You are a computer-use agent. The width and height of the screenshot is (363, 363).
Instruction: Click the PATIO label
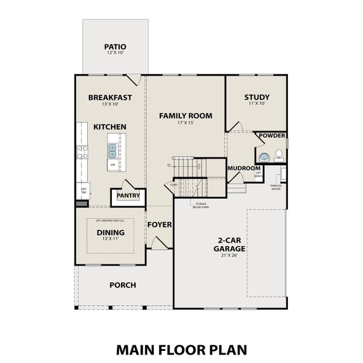coord(114,45)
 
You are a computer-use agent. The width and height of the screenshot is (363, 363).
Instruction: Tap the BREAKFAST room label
coord(110,97)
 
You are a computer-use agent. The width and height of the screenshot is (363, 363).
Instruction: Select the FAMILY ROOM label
coord(185,115)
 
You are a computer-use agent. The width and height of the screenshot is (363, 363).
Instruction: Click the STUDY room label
coord(257,97)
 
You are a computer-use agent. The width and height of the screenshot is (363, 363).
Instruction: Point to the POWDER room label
coord(272,136)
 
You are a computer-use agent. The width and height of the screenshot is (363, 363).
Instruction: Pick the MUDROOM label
coord(244,168)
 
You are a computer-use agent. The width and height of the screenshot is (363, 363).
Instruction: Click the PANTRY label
coord(128,195)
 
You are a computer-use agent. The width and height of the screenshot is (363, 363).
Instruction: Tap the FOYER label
coord(160,224)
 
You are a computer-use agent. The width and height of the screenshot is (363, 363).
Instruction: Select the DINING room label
coord(110,232)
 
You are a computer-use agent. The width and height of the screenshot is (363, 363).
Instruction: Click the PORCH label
coord(122,284)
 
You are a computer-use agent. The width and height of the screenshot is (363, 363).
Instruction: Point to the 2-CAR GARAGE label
coord(229,244)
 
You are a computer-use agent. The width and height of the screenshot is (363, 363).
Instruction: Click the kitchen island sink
coord(113,146)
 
